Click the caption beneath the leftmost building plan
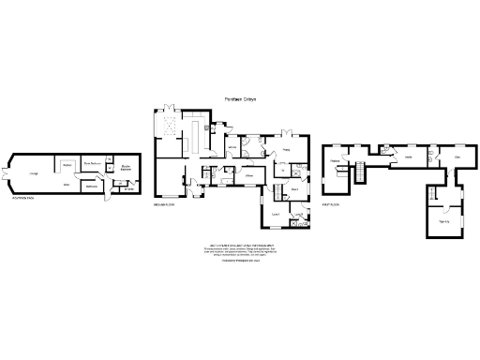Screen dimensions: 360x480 [22, 199]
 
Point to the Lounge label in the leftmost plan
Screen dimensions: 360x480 [33, 173]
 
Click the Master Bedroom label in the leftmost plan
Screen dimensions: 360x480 [91, 162]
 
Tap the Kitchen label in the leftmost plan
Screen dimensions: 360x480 [67, 164]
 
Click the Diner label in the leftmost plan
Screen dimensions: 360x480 [67, 185]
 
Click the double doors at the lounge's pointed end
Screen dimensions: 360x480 [7, 174]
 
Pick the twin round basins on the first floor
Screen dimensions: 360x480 [387, 147]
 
